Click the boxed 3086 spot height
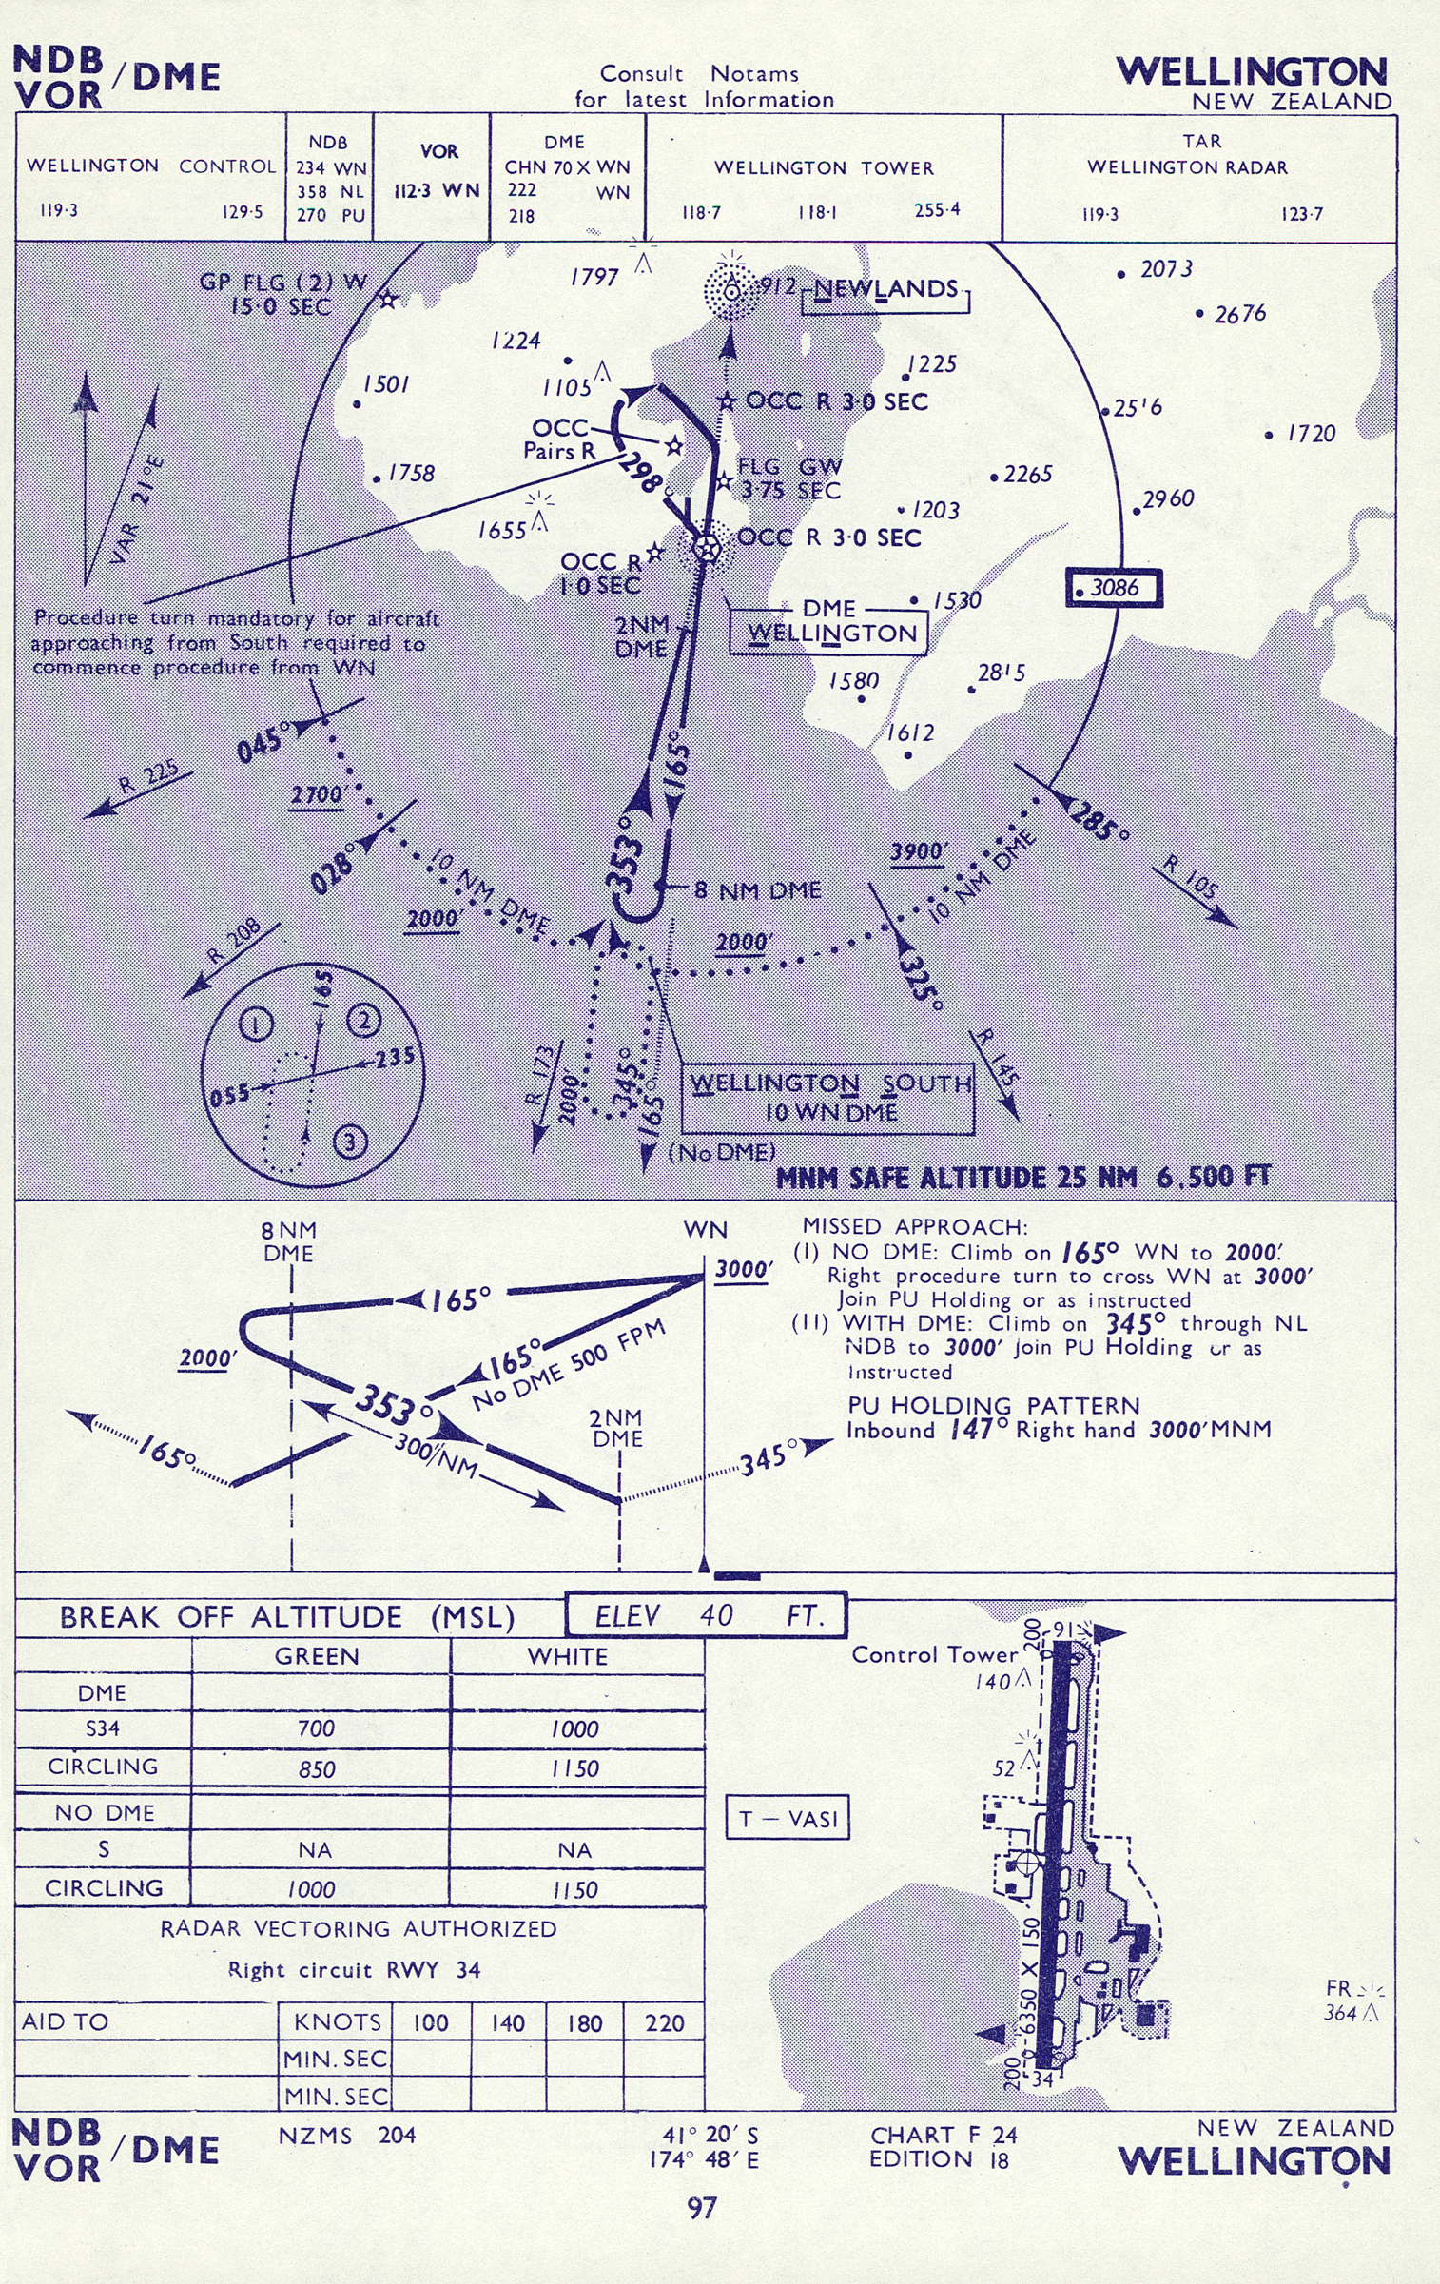(x=1114, y=588)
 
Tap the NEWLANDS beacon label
(x=885, y=290)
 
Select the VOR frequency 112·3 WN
(x=437, y=190)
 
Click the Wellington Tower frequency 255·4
(x=937, y=210)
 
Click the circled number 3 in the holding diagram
(x=350, y=1141)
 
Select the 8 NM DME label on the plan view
(x=757, y=890)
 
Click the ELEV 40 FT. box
(x=706, y=1615)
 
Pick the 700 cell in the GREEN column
(x=316, y=1728)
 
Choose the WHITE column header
(x=568, y=1656)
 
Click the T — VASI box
(x=788, y=1819)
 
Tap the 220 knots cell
(x=664, y=2022)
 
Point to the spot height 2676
(x=1239, y=314)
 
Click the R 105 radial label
(x=1191, y=877)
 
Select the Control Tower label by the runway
(x=934, y=1654)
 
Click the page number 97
(x=702, y=2208)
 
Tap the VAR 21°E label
(x=137, y=509)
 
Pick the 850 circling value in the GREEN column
(x=317, y=1769)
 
